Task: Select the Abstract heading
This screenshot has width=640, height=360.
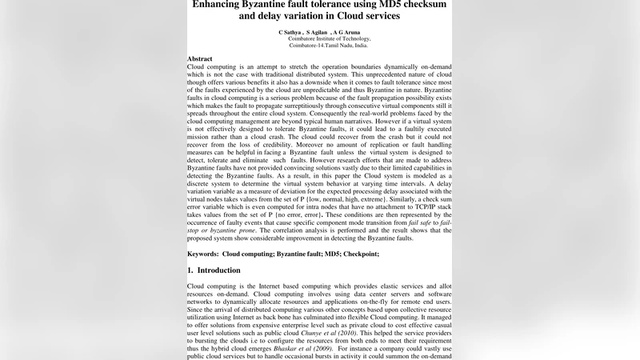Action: pyautogui.click(x=200, y=59)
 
